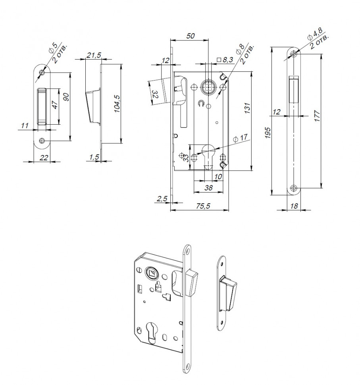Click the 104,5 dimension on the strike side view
tap(117, 103)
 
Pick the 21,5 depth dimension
tap(93, 55)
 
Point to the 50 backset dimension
tap(190, 36)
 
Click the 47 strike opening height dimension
tap(55, 106)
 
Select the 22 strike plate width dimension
tap(44, 158)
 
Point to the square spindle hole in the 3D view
tap(151, 272)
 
